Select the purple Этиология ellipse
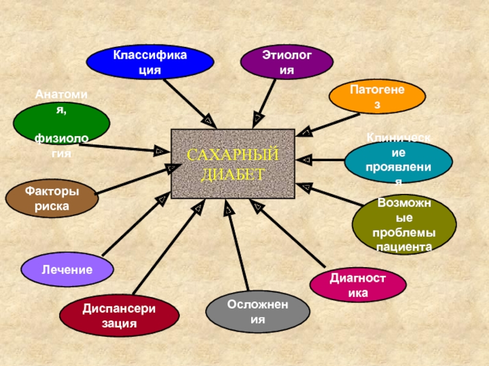tap(287, 63)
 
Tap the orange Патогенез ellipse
tap(377, 97)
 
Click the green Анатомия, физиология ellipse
tap(62, 124)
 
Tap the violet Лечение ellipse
tap(67, 269)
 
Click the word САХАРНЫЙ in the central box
tap(232, 156)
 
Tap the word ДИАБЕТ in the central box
tap(232, 174)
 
